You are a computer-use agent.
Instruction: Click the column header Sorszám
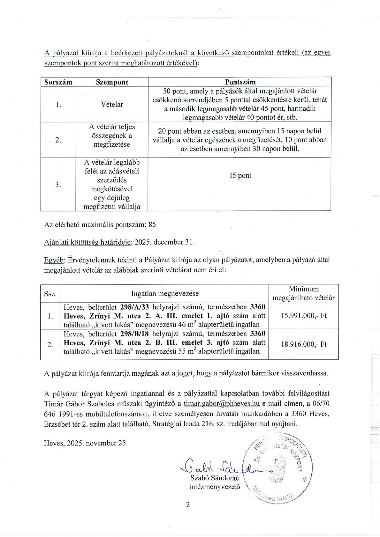tap(58, 82)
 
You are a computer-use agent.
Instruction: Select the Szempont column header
tap(112, 82)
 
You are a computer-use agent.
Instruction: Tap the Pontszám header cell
tap(240, 82)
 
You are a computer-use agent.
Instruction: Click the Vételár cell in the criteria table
tap(112, 104)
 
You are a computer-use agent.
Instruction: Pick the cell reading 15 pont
tap(240, 175)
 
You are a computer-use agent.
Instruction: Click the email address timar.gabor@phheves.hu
tap(221, 403)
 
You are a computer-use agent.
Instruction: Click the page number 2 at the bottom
tap(188, 505)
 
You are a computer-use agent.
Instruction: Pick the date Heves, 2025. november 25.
tap(86, 443)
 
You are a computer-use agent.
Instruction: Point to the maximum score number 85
tap(152, 224)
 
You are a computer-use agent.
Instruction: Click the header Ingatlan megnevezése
tap(165, 293)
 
